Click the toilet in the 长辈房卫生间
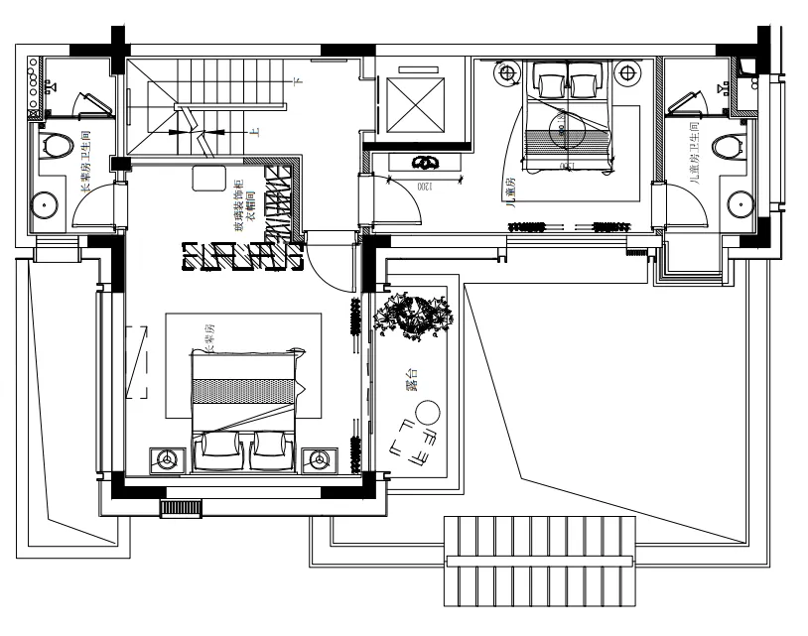pos(57,147)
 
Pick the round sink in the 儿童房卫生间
pos(740,203)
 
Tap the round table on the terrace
pos(429,412)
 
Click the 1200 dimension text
pos(423,185)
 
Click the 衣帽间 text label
pos(251,208)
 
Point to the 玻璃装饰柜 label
pos(238,208)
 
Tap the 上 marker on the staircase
pos(255,131)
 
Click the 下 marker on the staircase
pos(295,78)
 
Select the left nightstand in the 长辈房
pos(166,459)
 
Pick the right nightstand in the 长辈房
pos(320,459)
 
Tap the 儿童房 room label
pos(510,194)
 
